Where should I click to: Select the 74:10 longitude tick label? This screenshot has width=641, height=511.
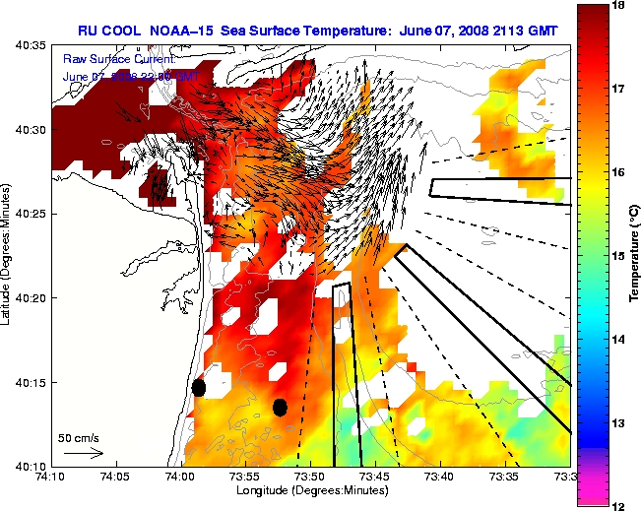[50, 476]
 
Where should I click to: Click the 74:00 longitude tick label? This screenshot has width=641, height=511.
[179, 476]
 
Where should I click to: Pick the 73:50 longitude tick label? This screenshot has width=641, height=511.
[309, 476]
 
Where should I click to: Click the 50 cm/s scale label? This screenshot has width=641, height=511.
[77, 437]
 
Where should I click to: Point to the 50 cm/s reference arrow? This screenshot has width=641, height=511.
[84, 453]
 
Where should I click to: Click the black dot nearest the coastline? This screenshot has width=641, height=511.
[199, 387]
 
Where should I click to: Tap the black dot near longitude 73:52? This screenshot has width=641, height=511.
[280, 407]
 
